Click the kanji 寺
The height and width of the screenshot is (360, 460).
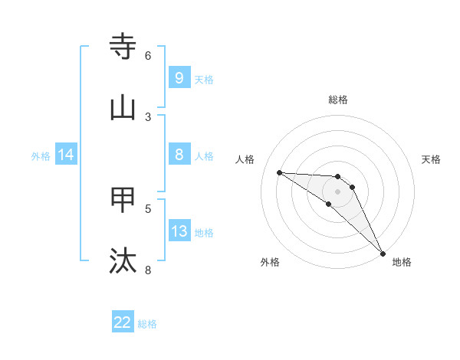coord(123,47)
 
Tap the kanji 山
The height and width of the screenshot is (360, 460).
coord(123,108)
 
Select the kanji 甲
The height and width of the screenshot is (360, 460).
coord(123,200)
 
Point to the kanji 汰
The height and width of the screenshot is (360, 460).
coord(123,260)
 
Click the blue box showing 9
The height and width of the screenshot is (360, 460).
coord(179,77)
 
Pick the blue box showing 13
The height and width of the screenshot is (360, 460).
coord(179,231)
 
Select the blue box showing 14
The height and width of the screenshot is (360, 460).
coord(66,155)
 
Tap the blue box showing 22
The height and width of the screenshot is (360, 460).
coord(123,322)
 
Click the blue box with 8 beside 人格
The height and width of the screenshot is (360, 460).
coord(179,155)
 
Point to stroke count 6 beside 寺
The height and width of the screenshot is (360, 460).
coord(148,56)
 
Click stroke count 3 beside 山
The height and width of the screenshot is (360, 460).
coord(148,116)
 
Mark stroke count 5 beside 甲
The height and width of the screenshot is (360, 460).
coord(148,208)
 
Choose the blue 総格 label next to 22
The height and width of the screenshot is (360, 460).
coord(147,324)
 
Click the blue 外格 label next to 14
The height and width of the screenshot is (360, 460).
coord(41,156)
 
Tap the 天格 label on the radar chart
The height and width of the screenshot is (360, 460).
coord(431,159)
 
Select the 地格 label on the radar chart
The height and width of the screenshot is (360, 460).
coord(402,262)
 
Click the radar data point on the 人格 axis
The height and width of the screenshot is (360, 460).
coord(279,172)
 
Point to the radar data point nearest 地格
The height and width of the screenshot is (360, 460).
coord(383,254)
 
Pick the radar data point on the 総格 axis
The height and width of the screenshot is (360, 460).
coord(337,177)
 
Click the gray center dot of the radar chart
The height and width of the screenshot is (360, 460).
coord(337,191)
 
